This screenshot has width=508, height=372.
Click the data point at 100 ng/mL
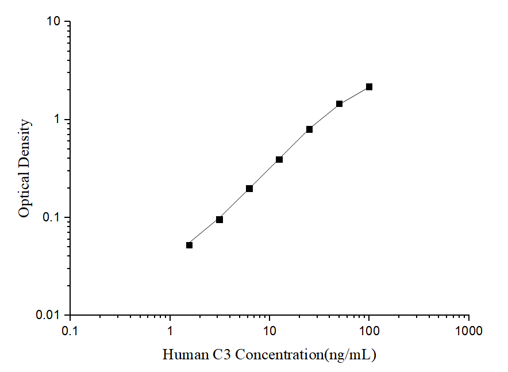(369, 87)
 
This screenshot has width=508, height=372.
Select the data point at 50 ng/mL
(339, 104)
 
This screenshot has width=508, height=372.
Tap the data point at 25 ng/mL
(309, 129)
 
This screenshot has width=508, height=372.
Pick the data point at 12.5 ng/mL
(279, 159)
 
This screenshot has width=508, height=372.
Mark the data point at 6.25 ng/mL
(249, 189)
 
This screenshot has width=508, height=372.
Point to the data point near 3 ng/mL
(220, 220)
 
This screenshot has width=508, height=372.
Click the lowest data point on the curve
(190, 245)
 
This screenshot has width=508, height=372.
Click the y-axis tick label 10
(53, 22)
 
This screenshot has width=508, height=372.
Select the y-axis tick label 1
(57, 120)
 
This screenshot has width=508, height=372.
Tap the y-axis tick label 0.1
(51, 218)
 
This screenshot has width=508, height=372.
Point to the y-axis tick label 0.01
(48, 316)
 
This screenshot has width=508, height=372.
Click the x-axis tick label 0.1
(70, 331)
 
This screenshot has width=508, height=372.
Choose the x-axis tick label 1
(170, 331)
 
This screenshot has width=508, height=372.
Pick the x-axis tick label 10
(270, 331)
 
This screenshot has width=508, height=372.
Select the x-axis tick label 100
(369, 331)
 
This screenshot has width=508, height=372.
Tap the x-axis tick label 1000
(468, 331)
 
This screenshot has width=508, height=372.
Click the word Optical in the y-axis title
(24, 197)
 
